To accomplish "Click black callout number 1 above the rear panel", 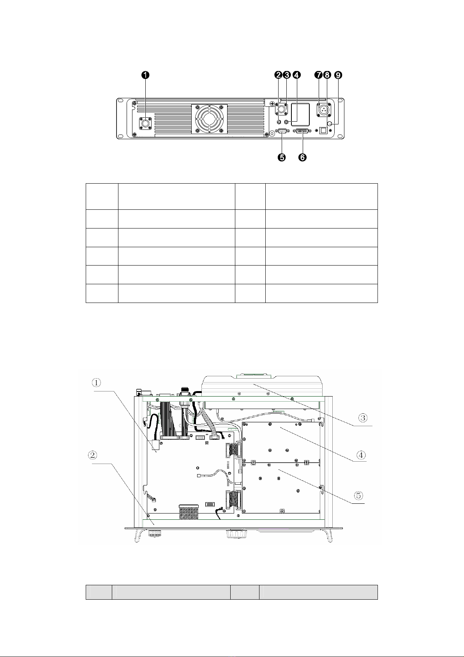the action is click(x=145, y=75).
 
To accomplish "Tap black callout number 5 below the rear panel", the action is click(x=282, y=158).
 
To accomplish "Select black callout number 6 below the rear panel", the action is click(x=302, y=158).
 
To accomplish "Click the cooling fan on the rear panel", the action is click(x=209, y=119).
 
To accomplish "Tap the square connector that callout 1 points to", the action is click(x=145, y=124).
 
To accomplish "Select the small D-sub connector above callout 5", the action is click(x=282, y=131).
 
